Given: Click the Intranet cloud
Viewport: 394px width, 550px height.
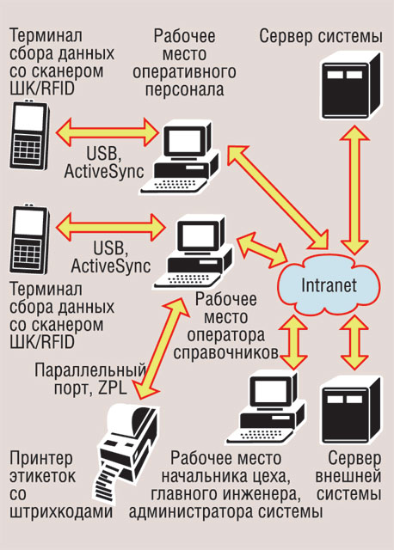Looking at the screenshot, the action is tap(329, 284).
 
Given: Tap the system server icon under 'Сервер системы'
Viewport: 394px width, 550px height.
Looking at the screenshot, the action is tap(352, 85).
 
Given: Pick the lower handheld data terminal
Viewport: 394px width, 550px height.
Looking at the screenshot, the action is tap(29, 239).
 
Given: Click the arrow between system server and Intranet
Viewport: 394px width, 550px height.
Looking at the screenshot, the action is tap(354, 190).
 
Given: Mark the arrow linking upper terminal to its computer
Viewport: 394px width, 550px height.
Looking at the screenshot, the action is tap(108, 132).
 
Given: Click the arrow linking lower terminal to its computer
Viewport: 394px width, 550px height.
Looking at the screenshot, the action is tap(111, 227).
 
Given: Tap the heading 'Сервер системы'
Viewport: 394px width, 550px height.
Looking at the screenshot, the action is tap(321, 36).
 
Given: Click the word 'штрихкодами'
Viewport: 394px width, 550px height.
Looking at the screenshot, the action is tap(61, 512).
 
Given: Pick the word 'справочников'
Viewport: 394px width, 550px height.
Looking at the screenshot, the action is tap(225, 353).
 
